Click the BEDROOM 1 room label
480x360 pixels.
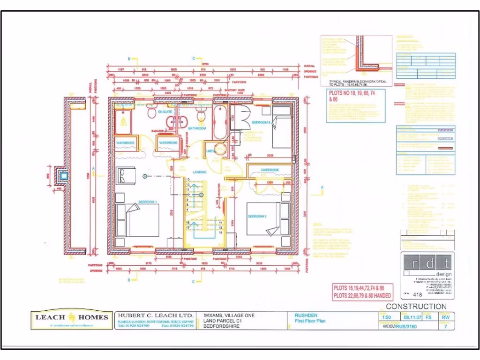click(x=147, y=202)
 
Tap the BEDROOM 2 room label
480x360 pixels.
click(x=257, y=216)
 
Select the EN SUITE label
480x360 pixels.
click(x=165, y=113)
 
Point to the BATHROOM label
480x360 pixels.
click(x=197, y=128)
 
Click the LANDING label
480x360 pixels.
click(x=200, y=172)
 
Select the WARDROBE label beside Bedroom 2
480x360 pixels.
click(x=270, y=170)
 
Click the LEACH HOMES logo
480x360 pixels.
click(x=72, y=320)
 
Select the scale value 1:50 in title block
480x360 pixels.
click(x=387, y=317)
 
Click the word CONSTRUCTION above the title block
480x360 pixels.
click(x=416, y=306)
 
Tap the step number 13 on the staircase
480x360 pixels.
click(x=187, y=180)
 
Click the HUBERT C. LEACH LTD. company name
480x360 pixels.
click(x=155, y=316)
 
